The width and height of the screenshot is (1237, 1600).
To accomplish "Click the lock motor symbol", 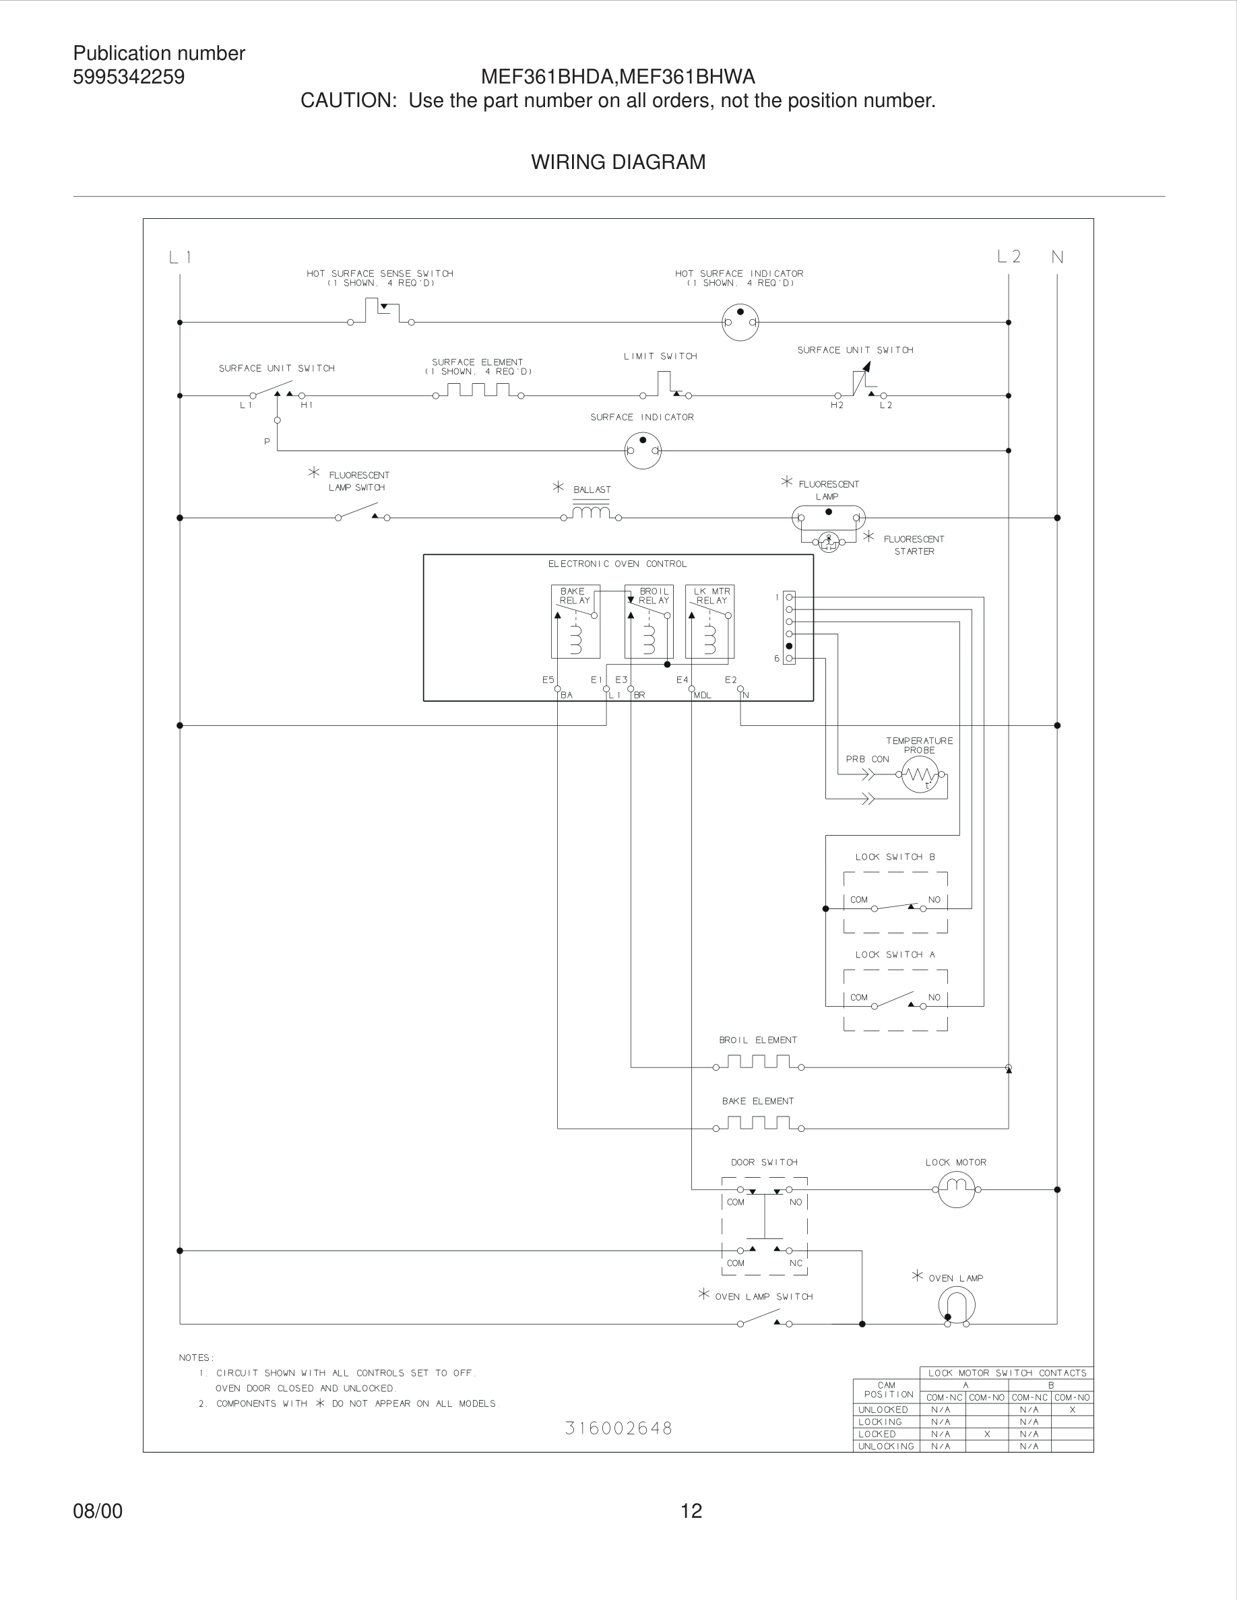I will [956, 1189].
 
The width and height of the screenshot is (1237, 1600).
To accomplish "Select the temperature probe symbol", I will [920, 774].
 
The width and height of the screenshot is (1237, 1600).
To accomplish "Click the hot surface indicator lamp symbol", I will [740, 322].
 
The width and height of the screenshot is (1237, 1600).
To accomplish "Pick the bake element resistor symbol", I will [758, 1123].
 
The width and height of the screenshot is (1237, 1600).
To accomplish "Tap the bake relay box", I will [575, 622].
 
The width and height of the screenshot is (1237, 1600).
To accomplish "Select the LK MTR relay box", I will [709, 622].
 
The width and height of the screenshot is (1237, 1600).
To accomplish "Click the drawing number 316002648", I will [618, 1428].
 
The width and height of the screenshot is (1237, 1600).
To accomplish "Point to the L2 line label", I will [1009, 257].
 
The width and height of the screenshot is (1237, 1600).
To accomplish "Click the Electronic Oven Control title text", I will [617, 564].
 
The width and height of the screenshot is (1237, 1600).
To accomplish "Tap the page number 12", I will [691, 1510].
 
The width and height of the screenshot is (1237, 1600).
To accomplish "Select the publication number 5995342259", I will [129, 77].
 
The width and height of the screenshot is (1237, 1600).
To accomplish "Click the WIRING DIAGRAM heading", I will [618, 162].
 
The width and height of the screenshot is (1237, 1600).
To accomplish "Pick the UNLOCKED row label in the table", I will [883, 1409].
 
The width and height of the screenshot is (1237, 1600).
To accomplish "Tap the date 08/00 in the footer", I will [98, 1510].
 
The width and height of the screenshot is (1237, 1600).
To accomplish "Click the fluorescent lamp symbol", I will [828, 518].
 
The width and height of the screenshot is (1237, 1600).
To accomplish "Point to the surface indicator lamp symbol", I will [643, 450].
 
